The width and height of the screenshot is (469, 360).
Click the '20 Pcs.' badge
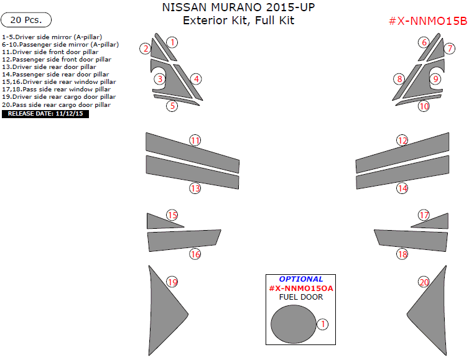pyautogui.click(x=26, y=20)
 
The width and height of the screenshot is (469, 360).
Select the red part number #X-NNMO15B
pyautogui.click(x=427, y=21)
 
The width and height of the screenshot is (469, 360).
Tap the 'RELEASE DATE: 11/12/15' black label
pyautogui.click(x=46, y=114)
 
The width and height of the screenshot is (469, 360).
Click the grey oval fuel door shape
pyautogui.click(x=293, y=323)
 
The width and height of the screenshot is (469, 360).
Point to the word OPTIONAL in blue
pyautogui.click(x=301, y=279)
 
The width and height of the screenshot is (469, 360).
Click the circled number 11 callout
pyautogui.click(x=195, y=141)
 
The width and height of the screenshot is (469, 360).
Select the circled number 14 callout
pyautogui.click(x=402, y=188)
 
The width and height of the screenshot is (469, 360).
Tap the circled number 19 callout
pyautogui.click(x=172, y=282)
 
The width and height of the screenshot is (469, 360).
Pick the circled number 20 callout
pyautogui.click(x=424, y=282)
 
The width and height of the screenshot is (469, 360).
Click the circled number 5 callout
pyautogui.click(x=172, y=106)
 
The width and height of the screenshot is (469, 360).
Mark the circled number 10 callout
pyautogui.click(x=424, y=106)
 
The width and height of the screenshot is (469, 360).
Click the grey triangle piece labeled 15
pyautogui.click(x=159, y=221)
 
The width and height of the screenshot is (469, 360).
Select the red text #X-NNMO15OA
pyautogui.click(x=301, y=288)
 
